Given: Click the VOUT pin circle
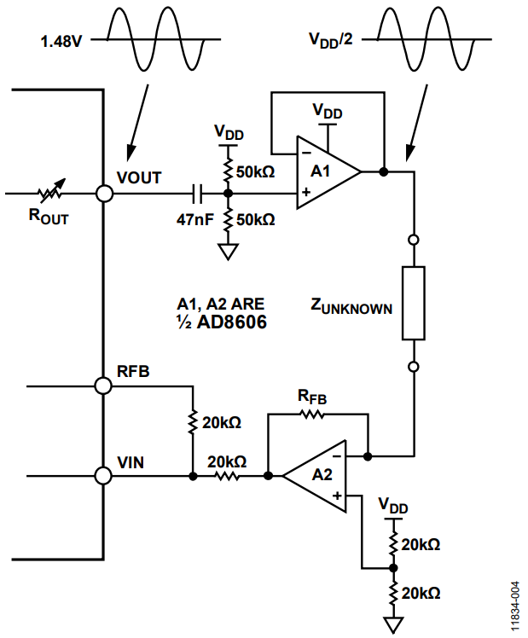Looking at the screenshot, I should [104, 194].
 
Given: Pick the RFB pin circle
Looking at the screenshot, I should [104, 386].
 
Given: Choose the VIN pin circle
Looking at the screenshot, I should [104, 475].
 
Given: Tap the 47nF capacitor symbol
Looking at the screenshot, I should [199, 194].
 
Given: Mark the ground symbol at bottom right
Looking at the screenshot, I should [393, 625].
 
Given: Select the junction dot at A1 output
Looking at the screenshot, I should [384, 171].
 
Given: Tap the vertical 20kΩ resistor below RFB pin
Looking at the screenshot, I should [193, 420].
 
